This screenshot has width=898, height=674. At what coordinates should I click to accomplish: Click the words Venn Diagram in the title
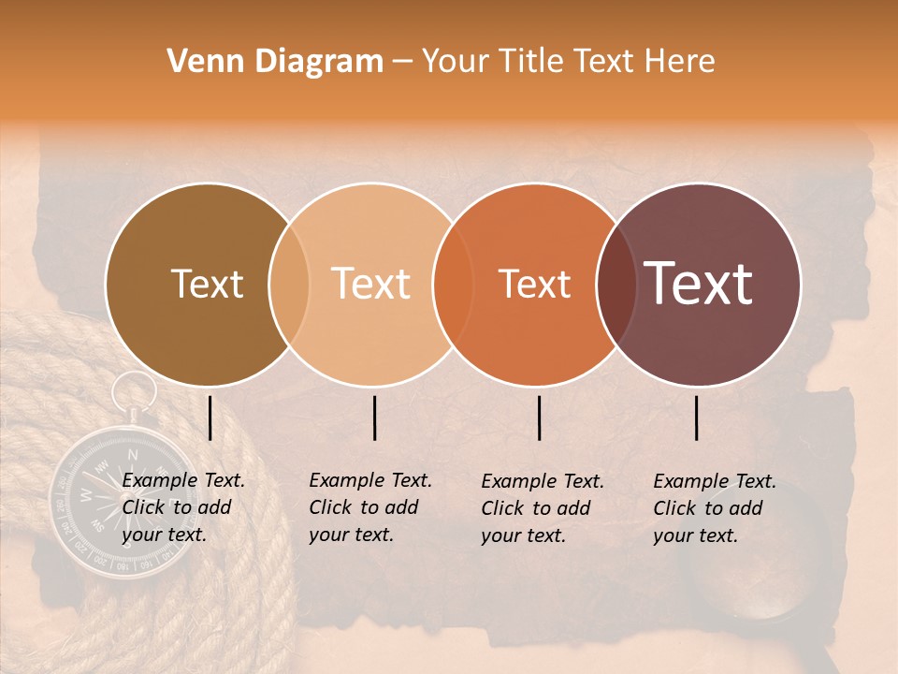275,62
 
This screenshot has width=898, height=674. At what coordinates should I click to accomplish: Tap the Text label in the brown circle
208,285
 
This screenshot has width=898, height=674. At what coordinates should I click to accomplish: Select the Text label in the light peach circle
371,285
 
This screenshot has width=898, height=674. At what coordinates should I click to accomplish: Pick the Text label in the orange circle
534,285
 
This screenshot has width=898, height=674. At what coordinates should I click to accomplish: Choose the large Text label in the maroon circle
699,284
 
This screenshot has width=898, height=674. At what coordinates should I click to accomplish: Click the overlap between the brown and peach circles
289,285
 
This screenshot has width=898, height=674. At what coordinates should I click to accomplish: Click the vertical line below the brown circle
210,418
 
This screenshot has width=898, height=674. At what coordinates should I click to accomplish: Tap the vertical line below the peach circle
375,418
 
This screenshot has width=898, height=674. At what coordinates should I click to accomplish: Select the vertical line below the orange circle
540,418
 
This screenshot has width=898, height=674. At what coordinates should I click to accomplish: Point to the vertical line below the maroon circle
697,418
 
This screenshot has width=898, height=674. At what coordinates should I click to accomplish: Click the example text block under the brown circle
183,507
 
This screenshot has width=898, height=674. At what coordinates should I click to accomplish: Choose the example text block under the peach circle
370,507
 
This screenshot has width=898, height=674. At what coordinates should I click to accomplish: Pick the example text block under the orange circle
543,508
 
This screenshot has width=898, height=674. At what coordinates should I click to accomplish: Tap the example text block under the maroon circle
715,508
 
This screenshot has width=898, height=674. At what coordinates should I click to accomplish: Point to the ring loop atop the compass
137,389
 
